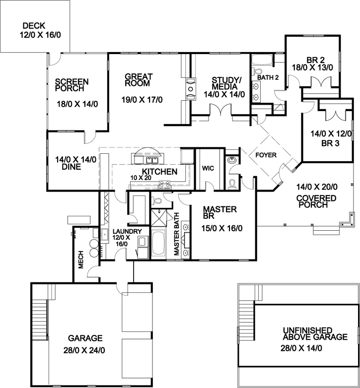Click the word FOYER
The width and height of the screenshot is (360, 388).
point(266,155)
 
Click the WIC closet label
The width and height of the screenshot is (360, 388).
point(207,168)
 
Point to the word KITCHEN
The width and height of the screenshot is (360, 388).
point(160,172)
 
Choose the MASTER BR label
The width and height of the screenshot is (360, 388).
point(219,213)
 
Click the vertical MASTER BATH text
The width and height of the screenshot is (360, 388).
point(176,234)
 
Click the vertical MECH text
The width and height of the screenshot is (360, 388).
point(80,259)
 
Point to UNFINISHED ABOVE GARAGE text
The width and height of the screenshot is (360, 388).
point(314,333)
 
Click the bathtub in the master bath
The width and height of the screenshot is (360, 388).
point(160,243)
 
